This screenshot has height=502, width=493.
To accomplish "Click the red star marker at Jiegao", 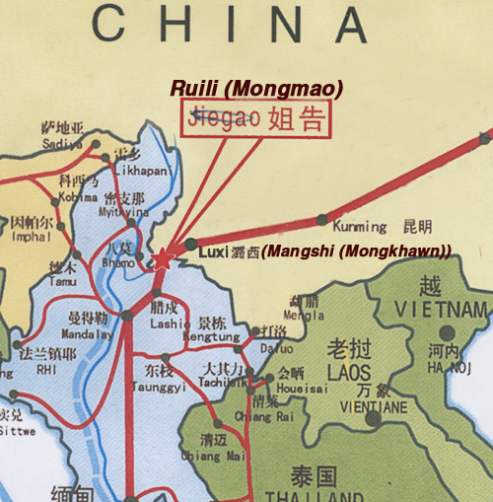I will tap(162, 259).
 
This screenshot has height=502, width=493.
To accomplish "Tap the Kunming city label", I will tap(360, 227).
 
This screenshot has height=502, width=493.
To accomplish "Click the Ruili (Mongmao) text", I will tap(256, 89).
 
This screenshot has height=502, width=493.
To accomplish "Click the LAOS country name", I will tap(349, 374).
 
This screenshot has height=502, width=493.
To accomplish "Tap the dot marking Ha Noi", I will tap(450, 332).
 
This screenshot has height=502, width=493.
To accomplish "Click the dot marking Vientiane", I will tap(373, 418).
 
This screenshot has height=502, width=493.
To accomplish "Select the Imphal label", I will tap(31, 237).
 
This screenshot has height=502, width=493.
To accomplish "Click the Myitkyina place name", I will tap(121, 210).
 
